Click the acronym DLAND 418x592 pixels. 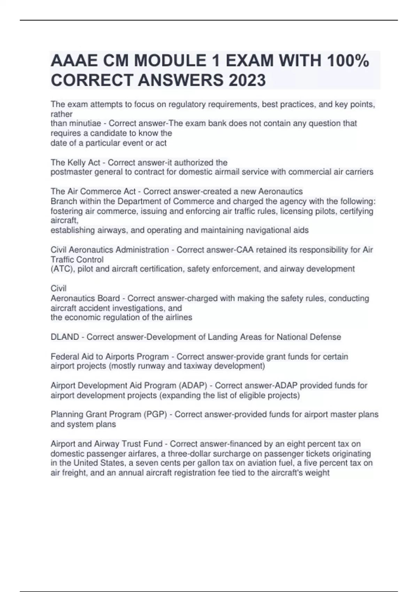pos(65,337)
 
